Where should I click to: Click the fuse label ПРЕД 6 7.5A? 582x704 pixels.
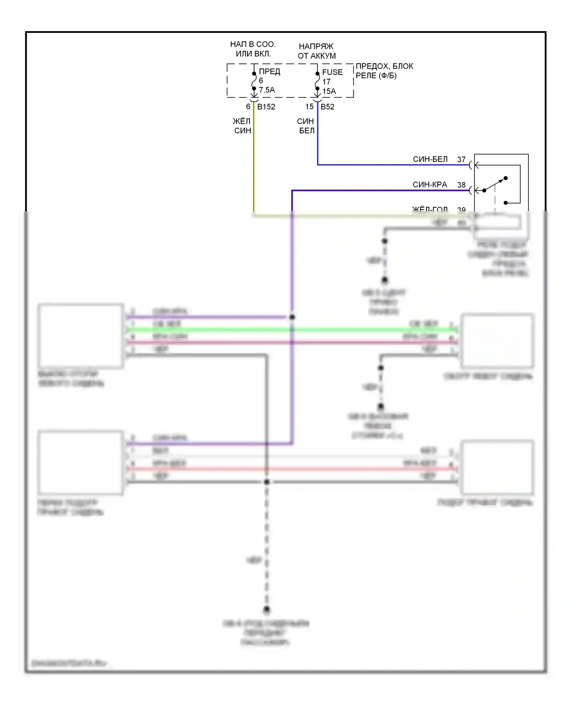tap(267, 81)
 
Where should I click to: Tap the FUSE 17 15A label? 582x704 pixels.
tap(332, 81)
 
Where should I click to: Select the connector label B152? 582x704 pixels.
tap(266, 107)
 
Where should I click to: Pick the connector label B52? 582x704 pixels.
tap(327, 107)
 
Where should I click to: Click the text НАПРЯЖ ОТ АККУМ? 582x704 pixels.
tap(317, 51)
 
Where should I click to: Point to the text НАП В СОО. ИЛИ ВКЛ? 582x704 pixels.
tap(253, 49)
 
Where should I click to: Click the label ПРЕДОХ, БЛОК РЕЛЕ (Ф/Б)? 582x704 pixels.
tap(384, 71)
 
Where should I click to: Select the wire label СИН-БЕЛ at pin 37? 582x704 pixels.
tap(430, 159)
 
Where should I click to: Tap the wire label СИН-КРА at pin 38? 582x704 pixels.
tap(430, 185)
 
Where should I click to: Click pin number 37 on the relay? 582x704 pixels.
tap(461, 160)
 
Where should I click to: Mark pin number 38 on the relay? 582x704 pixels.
tap(461, 185)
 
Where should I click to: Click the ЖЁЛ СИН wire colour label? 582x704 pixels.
tap(242, 126)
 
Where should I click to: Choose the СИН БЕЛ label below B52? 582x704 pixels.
tap(306, 126)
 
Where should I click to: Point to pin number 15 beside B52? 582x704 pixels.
tap(309, 107)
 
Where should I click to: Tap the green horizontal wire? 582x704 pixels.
tap(291, 330)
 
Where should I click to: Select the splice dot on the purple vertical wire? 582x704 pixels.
tap(292, 317)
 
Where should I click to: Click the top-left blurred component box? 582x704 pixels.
tap(81, 336)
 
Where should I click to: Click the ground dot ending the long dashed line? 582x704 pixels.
tap(267, 610)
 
